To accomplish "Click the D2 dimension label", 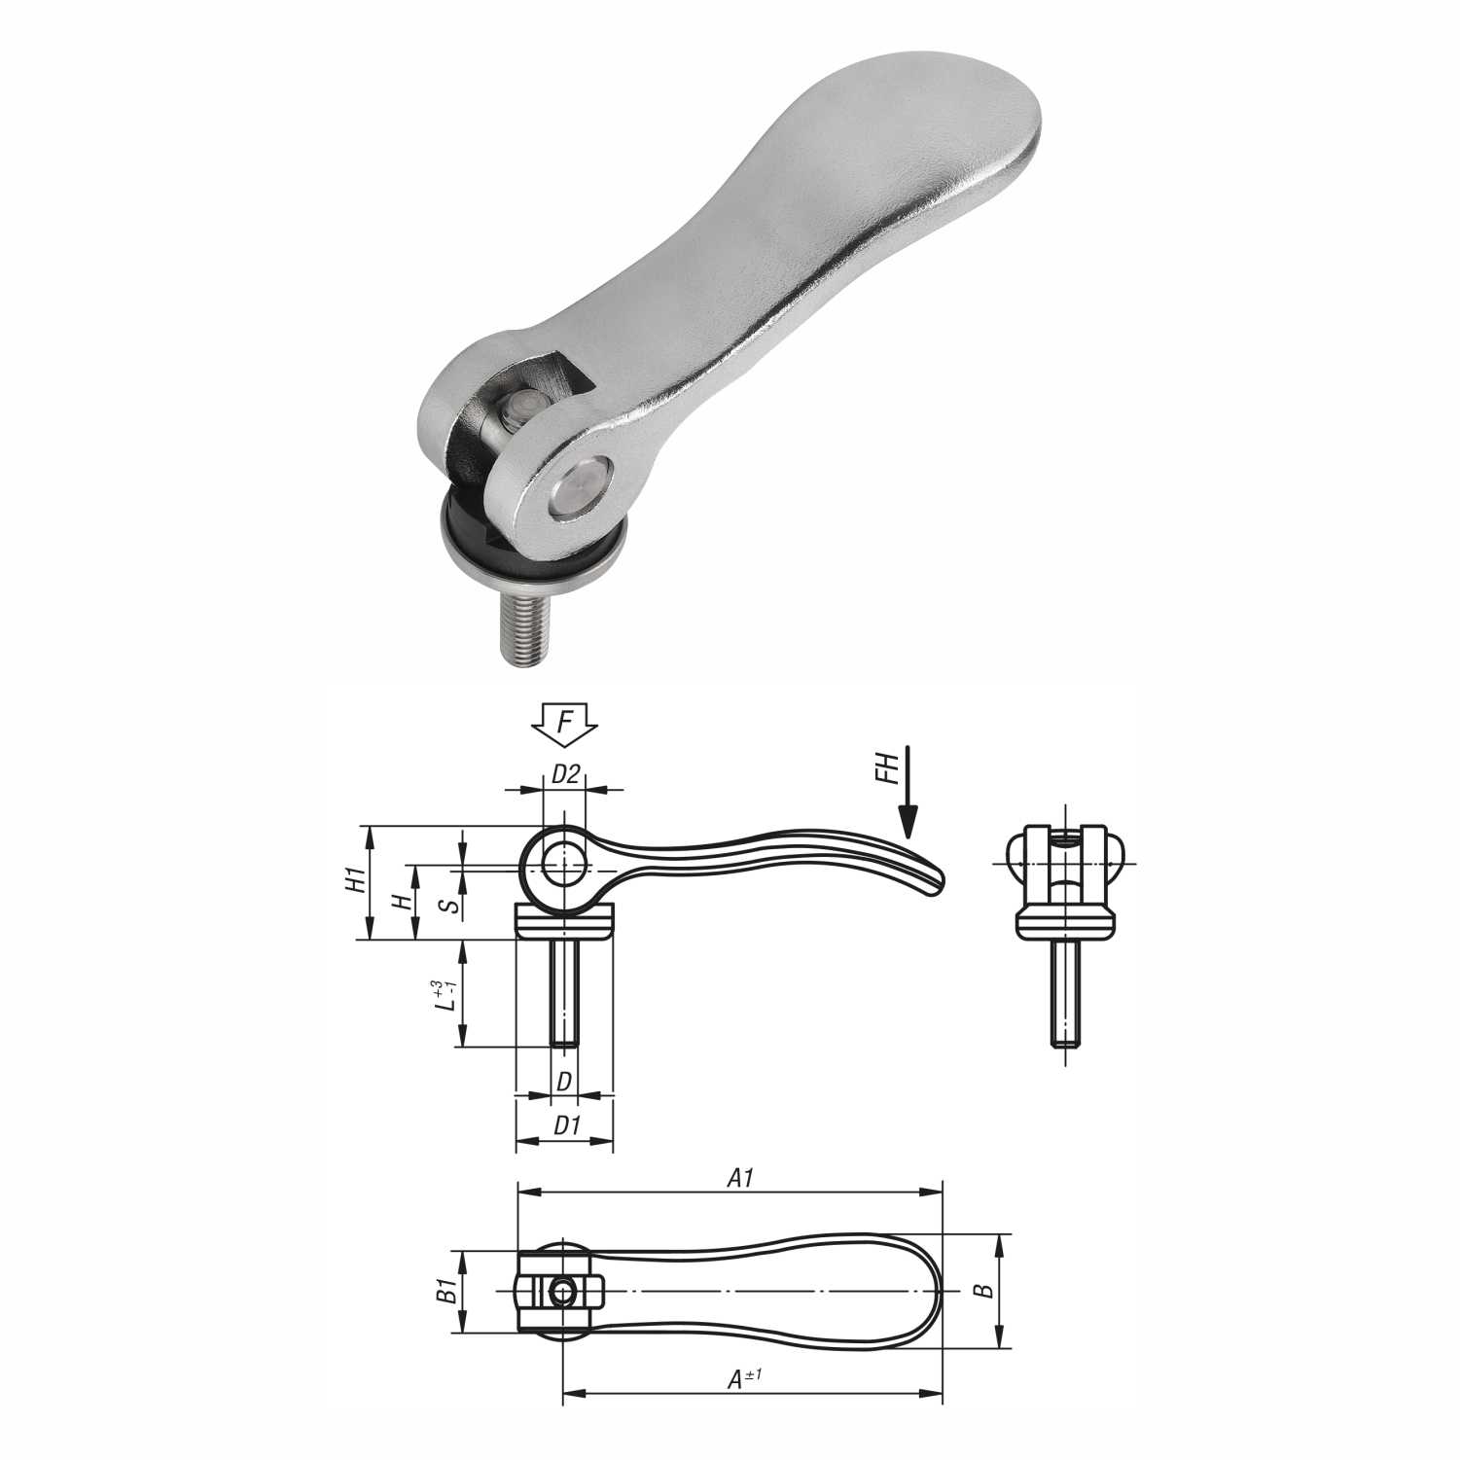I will click(565, 774).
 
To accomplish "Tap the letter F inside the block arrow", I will click(564, 723).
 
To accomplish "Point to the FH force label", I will click(884, 772).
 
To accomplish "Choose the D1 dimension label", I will click(566, 1125).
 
